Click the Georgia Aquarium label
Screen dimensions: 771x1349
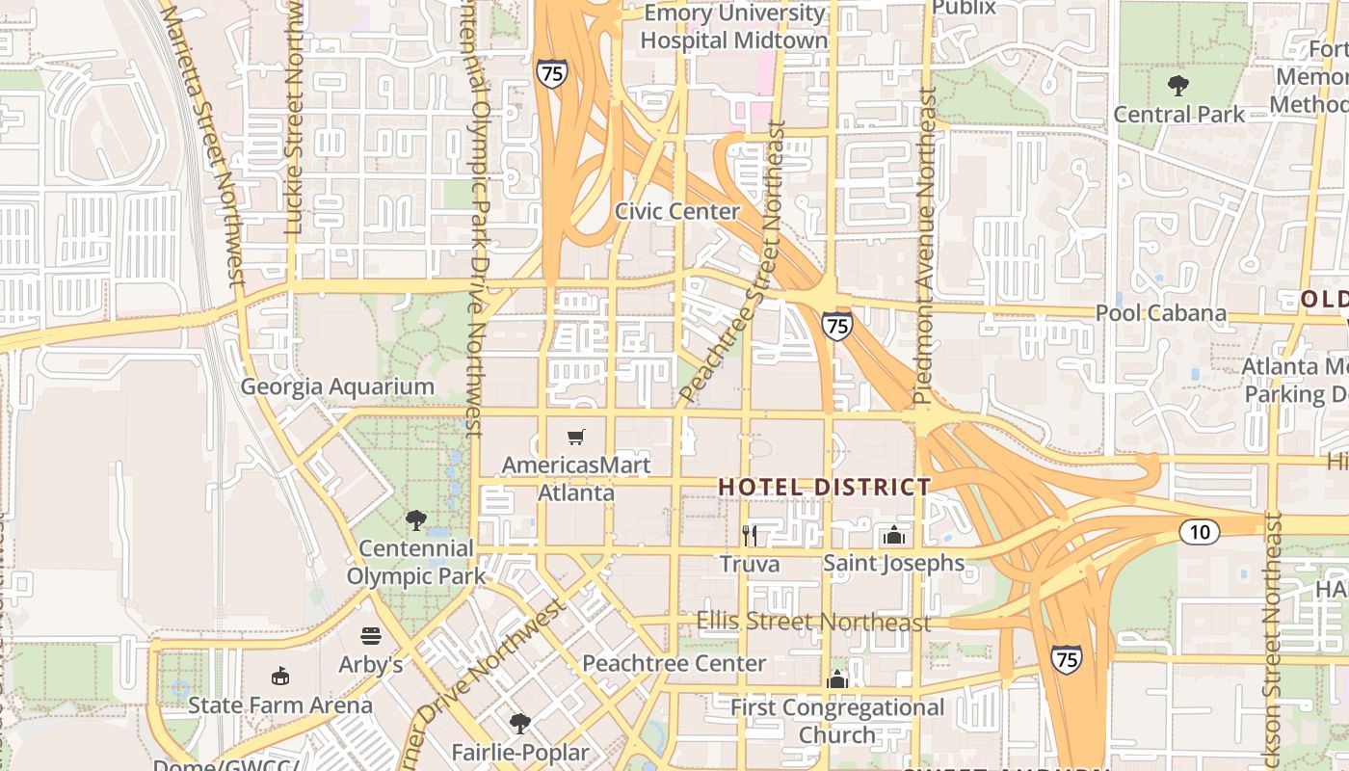pos(337,387)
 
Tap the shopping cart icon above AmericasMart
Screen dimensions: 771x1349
pos(576,438)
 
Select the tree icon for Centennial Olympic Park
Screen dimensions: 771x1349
pos(416,520)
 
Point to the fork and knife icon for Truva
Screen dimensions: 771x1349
pos(750,535)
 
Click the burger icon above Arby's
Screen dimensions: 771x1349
pos(371,636)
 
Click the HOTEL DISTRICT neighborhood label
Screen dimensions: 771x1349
pos(825,488)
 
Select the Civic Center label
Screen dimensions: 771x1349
pos(677,212)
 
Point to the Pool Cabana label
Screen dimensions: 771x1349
pos(1161,313)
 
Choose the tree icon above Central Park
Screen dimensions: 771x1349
pos(1177,86)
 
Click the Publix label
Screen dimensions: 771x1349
pos(964,9)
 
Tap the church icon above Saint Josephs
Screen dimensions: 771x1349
pos(893,535)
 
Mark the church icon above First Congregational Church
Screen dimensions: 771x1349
pos(837,679)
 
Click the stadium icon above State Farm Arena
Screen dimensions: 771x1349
pos(280,676)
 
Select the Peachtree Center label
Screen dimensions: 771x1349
pos(674,664)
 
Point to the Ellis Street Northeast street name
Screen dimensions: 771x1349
pos(813,622)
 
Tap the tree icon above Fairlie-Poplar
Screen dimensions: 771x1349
pos(520,723)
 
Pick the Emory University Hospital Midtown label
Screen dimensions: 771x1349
pos(734,27)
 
